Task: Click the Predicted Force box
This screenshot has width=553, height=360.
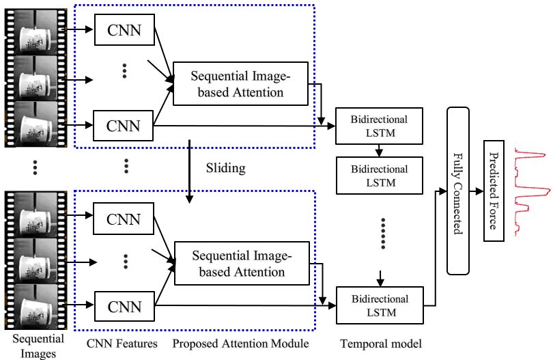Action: pyautogui.click(x=494, y=191)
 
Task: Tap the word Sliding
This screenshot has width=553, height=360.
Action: pyautogui.click(x=225, y=166)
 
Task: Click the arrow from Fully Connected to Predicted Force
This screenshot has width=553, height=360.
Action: pyautogui.click(x=476, y=191)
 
